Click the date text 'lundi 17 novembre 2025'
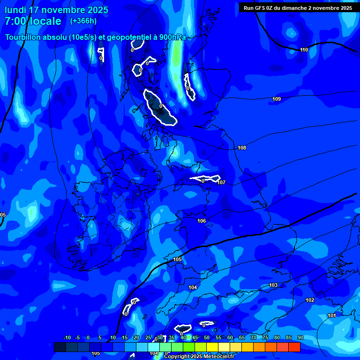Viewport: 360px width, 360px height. [x=56, y=10]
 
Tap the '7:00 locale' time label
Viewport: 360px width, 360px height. [x=33, y=21]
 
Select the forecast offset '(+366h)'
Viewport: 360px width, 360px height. [x=83, y=21]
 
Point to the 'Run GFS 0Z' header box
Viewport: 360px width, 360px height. [x=298, y=8]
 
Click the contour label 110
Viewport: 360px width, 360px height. [x=304, y=50]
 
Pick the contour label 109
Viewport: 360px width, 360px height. [x=277, y=99]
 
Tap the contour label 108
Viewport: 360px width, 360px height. [x=242, y=148]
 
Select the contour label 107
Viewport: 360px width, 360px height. [x=221, y=182]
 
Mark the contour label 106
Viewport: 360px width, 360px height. [x=202, y=221]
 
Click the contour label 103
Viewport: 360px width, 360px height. [x=273, y=285]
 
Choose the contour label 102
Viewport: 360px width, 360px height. [x=310, y=300]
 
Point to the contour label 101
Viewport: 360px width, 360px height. [x=331, y=315]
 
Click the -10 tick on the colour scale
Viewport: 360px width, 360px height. [x=67, y=337]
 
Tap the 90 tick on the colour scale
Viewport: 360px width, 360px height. [x=300, y=337]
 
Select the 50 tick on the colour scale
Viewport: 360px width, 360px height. [x=206, y=337]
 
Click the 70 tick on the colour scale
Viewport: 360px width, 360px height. [x=253, y=337]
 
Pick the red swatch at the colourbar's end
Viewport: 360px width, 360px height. [x=294, y=347]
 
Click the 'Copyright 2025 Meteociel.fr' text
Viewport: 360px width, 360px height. [x=199, y=357]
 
